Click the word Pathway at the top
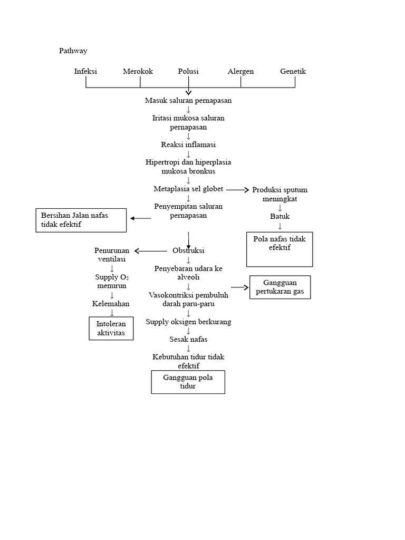[x=73, y=51]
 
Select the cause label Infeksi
[x=85, y=71]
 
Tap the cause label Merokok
[x=138, y=71]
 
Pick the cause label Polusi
[x=188, y=71]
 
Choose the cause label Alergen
[x=240, y=71]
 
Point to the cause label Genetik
[x=293, y=71]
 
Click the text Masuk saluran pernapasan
[x=188, y=100]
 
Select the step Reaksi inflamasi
[x=188, y=144]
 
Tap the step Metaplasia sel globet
[x=188, y=189]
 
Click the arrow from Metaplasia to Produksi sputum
[x=237, y=190]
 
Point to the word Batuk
[x=280, y=216]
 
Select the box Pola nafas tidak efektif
[x=279, y=249]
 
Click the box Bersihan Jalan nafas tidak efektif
[x=81, y=220]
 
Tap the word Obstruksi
[x=188, y=250]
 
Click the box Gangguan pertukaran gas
[x=280, y=287]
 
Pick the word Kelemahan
[x=111, y=304]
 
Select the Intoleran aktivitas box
[x=111, y=329]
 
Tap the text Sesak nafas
[x=188, y=339]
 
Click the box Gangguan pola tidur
[x=188, y=382]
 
